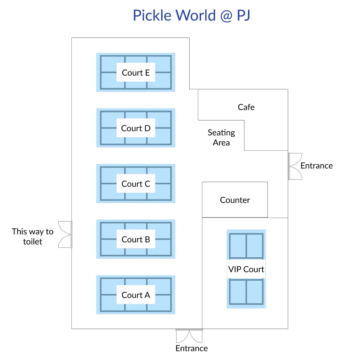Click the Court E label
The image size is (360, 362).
coord(136,73)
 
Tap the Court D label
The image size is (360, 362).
coord(136,128)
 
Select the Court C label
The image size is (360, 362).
coord(136,184)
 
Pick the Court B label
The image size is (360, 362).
coord(136,239)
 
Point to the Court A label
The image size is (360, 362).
coord(136,295)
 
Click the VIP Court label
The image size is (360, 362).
coord(246,269)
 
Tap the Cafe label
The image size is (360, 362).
coord(246,107)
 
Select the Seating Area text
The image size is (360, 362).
coord(221,138)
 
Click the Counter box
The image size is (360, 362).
coord(235,200)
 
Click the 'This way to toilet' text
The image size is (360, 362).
coord(33,237)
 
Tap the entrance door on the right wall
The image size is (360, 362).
coord(295,166)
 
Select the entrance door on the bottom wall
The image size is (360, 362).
coord(189,335)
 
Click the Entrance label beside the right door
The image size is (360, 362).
coord(317,166)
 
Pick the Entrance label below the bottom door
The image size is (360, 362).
coord(192,348)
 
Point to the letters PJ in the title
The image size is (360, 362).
coord(241,15)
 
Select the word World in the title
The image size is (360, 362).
coord(190,15)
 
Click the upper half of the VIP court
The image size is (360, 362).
coord(246,246)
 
